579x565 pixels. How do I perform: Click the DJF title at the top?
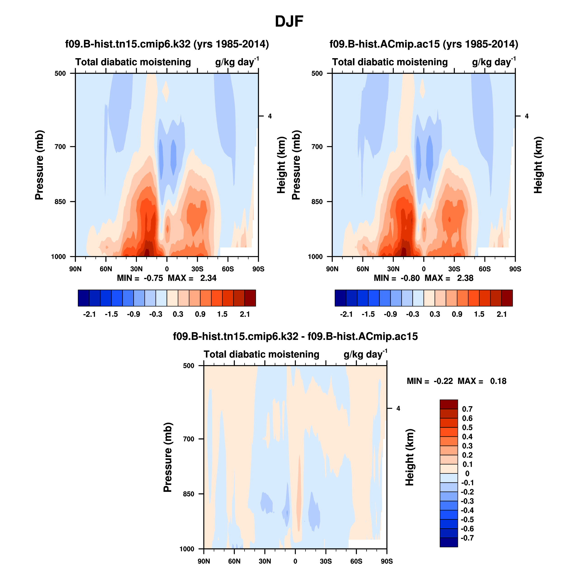(289, 21)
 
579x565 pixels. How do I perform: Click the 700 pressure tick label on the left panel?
(60, 147)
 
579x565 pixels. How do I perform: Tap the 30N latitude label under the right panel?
(393, 269)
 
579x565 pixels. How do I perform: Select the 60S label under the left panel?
(228, 269)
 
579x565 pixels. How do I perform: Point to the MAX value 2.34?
(208, 278)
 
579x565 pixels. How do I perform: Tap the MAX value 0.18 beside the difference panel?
(498, 381)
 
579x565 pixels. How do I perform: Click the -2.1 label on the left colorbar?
(89, 314)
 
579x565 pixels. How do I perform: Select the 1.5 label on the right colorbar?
(479, 314)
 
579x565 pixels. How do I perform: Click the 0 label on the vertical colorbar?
(467, 474)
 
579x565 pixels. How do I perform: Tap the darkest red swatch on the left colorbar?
(250, 298)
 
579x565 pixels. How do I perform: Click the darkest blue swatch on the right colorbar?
(340, 298)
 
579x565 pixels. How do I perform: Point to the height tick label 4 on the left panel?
(270, 116)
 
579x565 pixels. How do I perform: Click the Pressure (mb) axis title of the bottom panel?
(168, 457)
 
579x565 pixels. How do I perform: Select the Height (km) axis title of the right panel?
(538, 165)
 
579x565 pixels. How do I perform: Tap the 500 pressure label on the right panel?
(317, 74)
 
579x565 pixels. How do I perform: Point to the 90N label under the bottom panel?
(204, 561)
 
